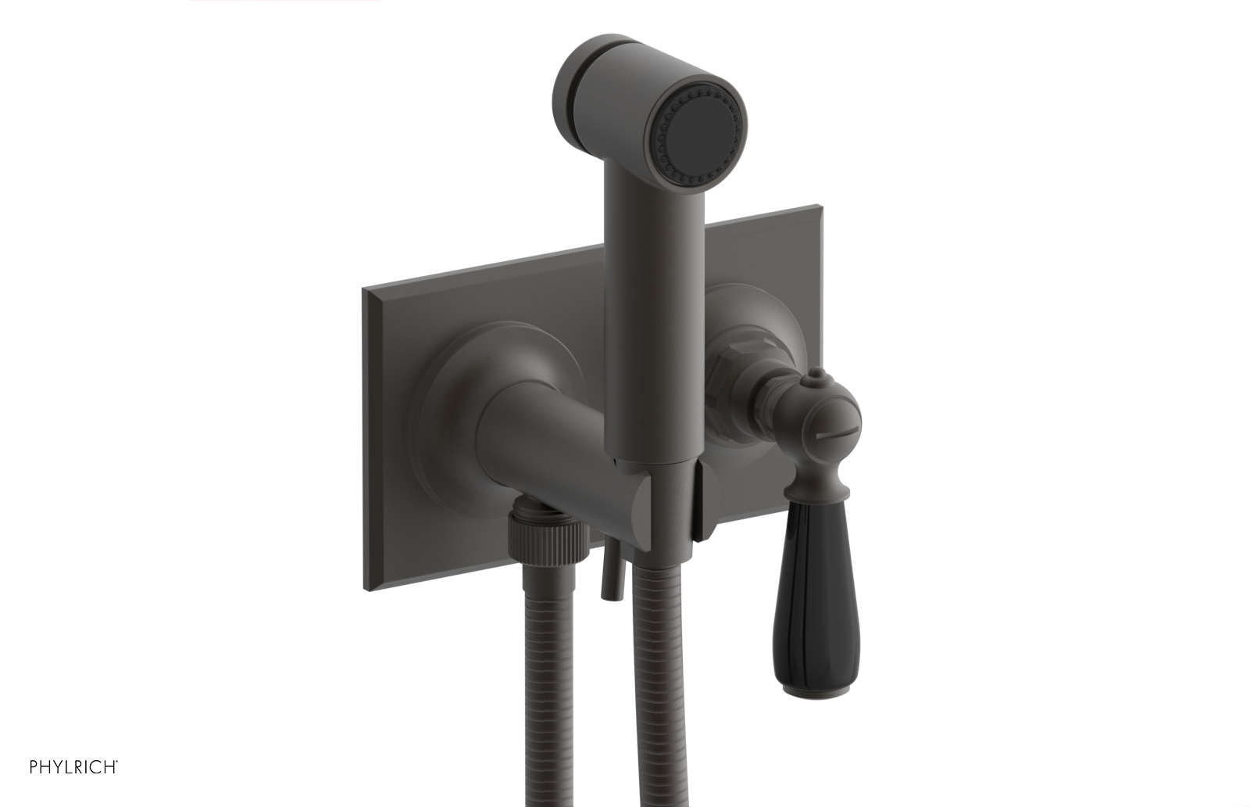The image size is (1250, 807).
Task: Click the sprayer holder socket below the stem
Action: tap(664, 500)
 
